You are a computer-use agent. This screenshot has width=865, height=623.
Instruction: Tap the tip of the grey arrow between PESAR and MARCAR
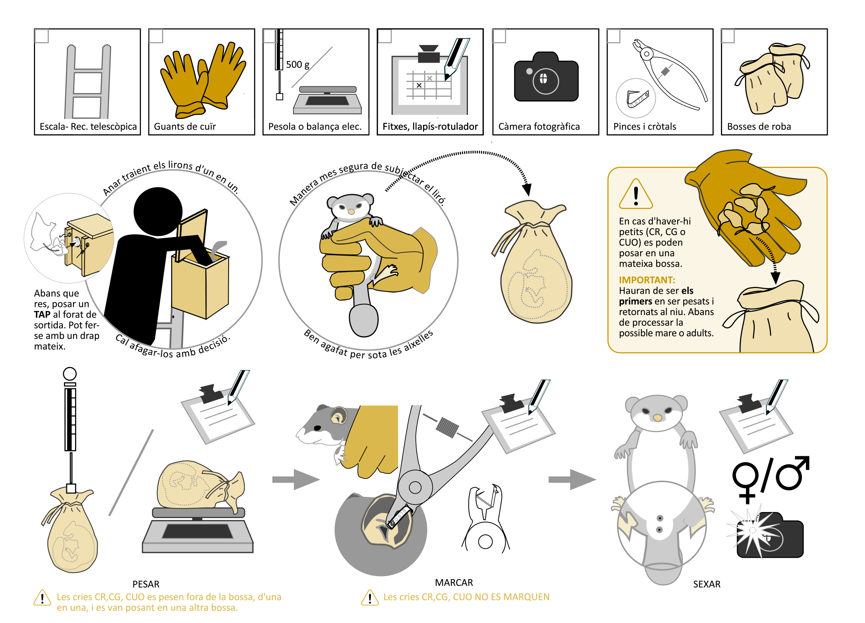(320, 480)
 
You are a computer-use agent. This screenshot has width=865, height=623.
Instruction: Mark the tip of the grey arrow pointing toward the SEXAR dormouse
(596, 480)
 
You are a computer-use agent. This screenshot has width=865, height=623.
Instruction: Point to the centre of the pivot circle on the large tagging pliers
(415, 488)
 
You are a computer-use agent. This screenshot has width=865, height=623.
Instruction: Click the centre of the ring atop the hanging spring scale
(70, 374)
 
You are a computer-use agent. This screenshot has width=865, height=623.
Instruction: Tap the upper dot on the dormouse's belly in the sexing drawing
(660, 518)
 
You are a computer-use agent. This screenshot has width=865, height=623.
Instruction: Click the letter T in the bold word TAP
(37, 315)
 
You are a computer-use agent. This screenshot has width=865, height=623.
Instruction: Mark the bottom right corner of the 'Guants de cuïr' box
(255, 135)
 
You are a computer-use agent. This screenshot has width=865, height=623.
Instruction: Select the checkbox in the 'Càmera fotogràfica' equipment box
(499, 36)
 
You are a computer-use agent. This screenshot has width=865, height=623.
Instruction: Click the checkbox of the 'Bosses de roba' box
(728, 36)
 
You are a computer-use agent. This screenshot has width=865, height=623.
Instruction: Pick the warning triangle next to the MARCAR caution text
(370, 598)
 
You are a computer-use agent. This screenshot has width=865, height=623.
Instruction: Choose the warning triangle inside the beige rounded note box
(636, 194)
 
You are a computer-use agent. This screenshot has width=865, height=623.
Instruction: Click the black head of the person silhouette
(158, 211)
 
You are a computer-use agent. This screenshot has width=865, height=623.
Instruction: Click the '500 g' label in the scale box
(298, 64)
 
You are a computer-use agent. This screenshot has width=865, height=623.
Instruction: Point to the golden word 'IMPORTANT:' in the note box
(647, 280)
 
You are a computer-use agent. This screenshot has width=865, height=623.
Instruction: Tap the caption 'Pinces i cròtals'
(644, 126)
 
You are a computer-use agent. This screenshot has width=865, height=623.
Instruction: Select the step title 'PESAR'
(146, 584)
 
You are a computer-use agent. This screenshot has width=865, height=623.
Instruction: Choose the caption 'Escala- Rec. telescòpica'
(88, 126)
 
